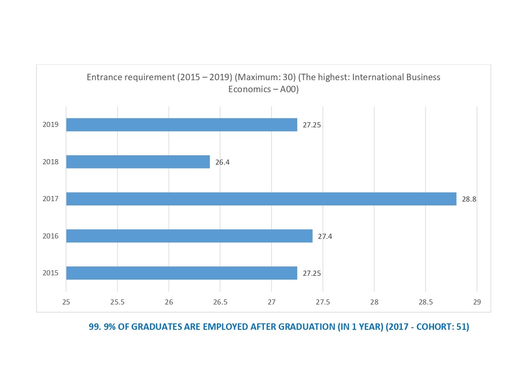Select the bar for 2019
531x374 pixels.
coord(181,125)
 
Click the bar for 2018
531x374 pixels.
coord(138,162)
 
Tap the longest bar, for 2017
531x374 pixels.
coord(261,199)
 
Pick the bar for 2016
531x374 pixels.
coord(189,236)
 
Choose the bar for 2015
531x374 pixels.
coord(181,273)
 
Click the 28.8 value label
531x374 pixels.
coord(469,199)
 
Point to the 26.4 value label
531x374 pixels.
coord(222,162)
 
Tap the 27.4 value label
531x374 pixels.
coord(325,236)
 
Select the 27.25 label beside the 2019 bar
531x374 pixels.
coord(312,125)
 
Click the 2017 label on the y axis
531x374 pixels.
coord(51,199)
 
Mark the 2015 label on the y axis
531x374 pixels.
coord(51,273)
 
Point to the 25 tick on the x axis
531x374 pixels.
coord(66,302)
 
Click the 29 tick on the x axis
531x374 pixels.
coord(477,302)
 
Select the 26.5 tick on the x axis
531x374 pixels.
coord(220,302)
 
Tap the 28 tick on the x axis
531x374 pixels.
coord(374,302)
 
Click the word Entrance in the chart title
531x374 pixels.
coord(103,77)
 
